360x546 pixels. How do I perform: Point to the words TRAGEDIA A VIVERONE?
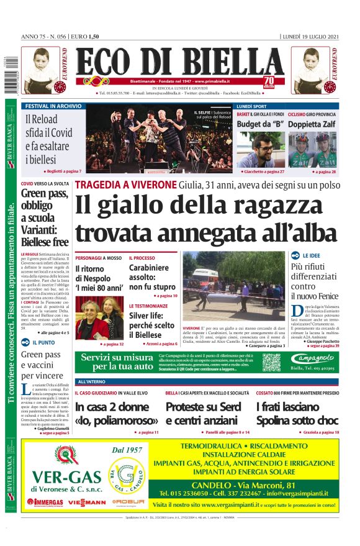(126, 184)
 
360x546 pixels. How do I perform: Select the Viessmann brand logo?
(87, 501)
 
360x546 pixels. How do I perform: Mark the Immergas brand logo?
(45, 501)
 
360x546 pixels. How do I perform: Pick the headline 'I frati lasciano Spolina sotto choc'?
(297, 414)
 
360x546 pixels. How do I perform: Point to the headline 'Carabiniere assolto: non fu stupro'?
(153, 277)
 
